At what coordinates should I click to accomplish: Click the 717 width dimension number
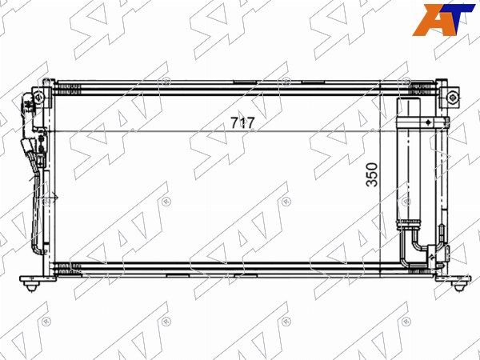click(242, 123)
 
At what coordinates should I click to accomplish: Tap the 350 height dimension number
click(372, 174)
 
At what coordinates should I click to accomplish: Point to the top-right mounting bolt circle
click(453, 98)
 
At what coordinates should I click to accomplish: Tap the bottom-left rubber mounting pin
click(31, 287)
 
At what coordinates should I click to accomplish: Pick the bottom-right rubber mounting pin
click(458, 287)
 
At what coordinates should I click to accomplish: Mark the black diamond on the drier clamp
click(428, 122)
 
